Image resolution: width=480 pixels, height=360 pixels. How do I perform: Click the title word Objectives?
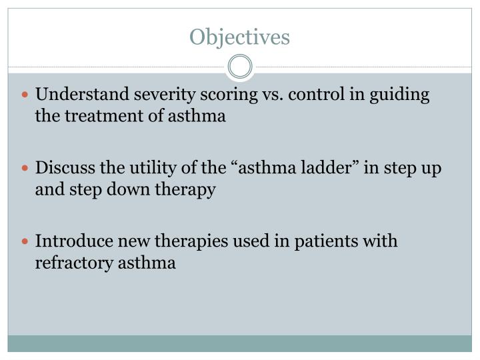(240, 37)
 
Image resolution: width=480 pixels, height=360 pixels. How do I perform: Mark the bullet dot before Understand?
(26, 95)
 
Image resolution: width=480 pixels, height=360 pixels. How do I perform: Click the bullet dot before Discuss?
(26, 169)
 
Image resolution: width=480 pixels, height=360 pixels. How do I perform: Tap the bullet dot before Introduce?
(26, 242)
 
